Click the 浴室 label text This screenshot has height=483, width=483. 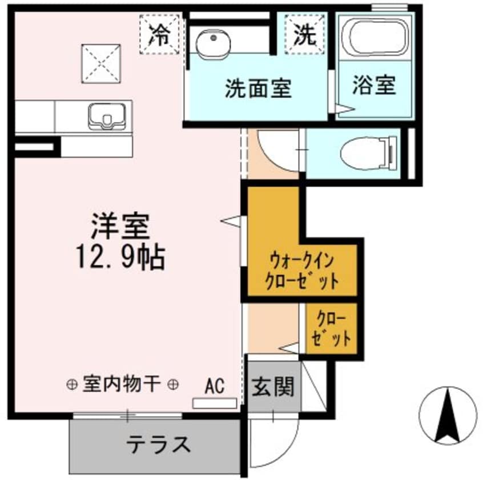373,86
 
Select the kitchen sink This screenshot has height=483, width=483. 109,117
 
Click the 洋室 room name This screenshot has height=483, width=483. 121,226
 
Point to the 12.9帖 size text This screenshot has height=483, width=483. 121,257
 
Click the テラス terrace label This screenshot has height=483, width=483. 158,444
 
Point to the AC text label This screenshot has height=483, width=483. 214,387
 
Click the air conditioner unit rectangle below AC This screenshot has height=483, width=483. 215,403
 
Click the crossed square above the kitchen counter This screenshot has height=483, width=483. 103,64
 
